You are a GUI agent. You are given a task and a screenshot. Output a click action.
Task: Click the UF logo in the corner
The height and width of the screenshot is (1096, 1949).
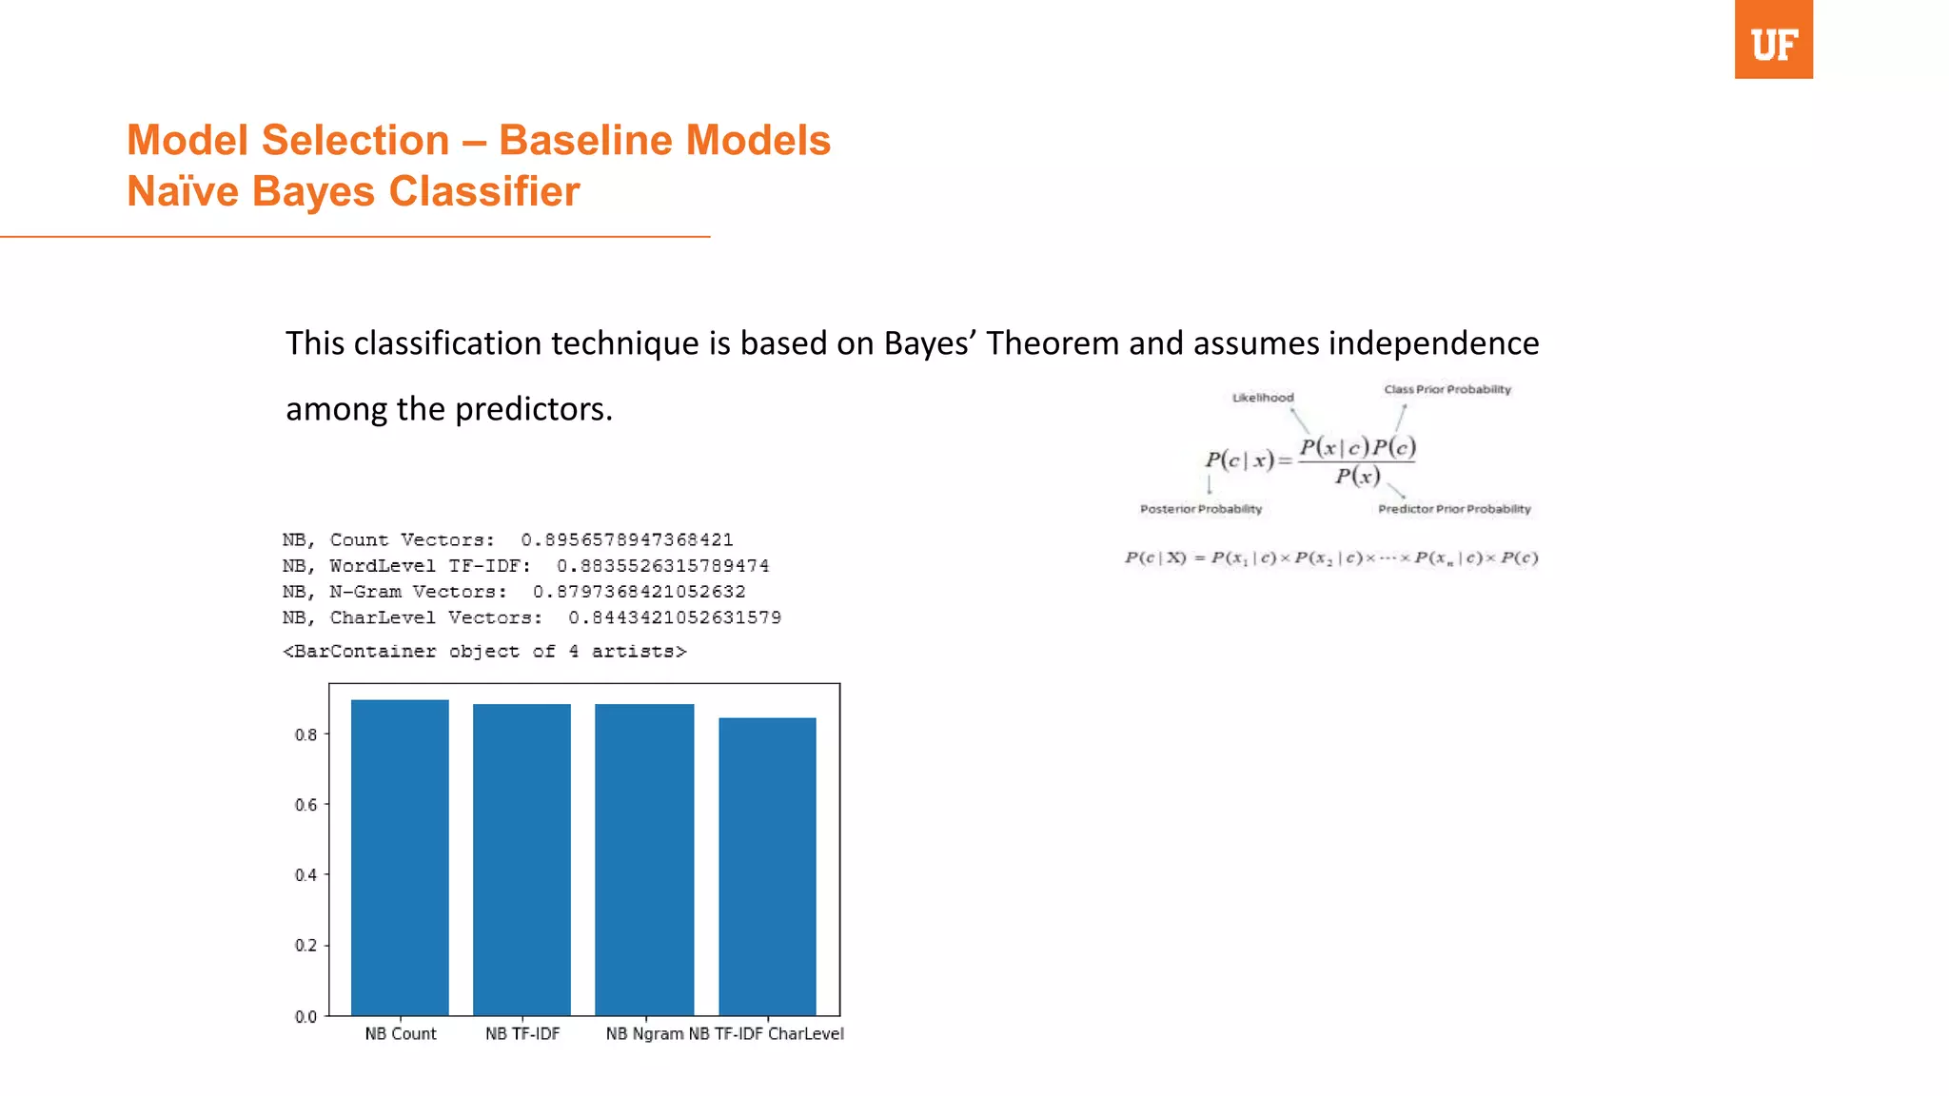click(x=1773, y=40)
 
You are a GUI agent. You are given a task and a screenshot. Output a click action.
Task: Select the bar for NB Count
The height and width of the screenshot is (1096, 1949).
click(x=400, y=856)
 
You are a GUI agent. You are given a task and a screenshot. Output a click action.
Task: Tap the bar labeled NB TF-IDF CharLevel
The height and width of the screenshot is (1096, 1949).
click(x=767, y=866)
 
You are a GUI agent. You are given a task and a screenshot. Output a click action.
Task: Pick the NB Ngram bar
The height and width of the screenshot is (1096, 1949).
click(x=644, y=859)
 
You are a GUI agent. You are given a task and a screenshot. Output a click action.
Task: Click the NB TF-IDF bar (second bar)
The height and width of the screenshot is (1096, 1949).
click(x=522, y=859)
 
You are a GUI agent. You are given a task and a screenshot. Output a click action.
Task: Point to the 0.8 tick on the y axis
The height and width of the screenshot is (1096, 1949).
click(x=305, y=734)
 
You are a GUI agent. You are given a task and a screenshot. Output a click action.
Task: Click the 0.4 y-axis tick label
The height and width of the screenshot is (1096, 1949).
click(x=305, y=875)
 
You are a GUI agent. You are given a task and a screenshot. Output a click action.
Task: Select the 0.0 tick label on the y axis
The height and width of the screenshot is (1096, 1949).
click(x=305, y=1016)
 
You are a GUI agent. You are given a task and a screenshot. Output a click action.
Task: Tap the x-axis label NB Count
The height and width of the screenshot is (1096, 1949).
click(x=400, y=1033)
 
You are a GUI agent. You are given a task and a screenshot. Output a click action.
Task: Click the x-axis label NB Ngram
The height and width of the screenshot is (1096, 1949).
click(x=644, y=1033)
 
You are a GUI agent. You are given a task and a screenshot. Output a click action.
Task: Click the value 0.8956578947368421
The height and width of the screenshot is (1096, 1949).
click(x=627, y=539)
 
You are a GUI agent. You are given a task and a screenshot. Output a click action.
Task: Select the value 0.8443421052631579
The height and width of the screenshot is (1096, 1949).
click(x=675, y=617)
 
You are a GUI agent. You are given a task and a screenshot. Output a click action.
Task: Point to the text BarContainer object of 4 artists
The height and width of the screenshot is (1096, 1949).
click(x=484, y=652)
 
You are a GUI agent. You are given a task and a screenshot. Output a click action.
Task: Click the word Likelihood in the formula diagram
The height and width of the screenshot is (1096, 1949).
click(x=1263, y=398)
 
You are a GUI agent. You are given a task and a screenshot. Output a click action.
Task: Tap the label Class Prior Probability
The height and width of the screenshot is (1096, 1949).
click(x=1447, y=389)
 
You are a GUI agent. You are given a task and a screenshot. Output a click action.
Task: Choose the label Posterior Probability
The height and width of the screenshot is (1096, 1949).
click(x=1201, y=509)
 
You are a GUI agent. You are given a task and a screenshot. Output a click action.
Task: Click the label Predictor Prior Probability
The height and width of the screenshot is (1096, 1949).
click(x=1454, y=509)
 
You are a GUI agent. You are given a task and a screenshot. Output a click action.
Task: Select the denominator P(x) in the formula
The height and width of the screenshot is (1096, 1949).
click(x=1357, y=476)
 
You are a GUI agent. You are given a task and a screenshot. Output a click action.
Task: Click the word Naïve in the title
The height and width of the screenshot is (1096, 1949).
click(x=183, y=191)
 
